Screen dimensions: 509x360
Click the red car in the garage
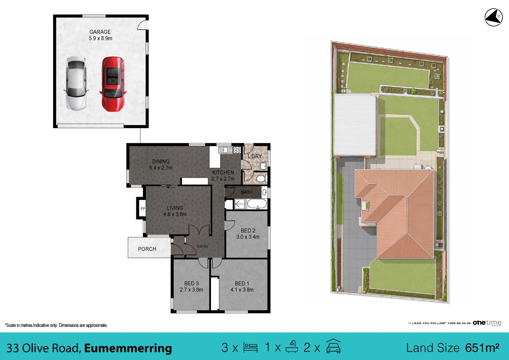tap(113, 84)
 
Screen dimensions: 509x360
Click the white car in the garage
tap(76, 83)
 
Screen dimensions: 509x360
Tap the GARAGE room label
tap(100, 32)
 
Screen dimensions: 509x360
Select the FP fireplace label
tap(143, 209)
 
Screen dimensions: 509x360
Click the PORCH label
tap(147, 249)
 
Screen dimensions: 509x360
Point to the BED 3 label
tap(191, 283)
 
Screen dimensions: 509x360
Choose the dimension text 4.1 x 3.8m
tap(242, 290)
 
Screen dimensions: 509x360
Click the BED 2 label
tap(248, 230)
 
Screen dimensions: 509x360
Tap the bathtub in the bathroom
tap(257, 204)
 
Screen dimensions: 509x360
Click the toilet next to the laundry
tap(262, 179)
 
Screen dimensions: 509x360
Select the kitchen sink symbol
tap(225, 150)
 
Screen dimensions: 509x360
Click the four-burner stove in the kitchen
tap(237, 150)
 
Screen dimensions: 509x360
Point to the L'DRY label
tap(255, 156)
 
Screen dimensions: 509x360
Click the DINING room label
tap(161, 162)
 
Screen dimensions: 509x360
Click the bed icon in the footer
tap(250, 347)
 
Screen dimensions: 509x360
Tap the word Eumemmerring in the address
tap(128, 348)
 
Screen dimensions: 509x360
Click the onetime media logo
tap(487, 323)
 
